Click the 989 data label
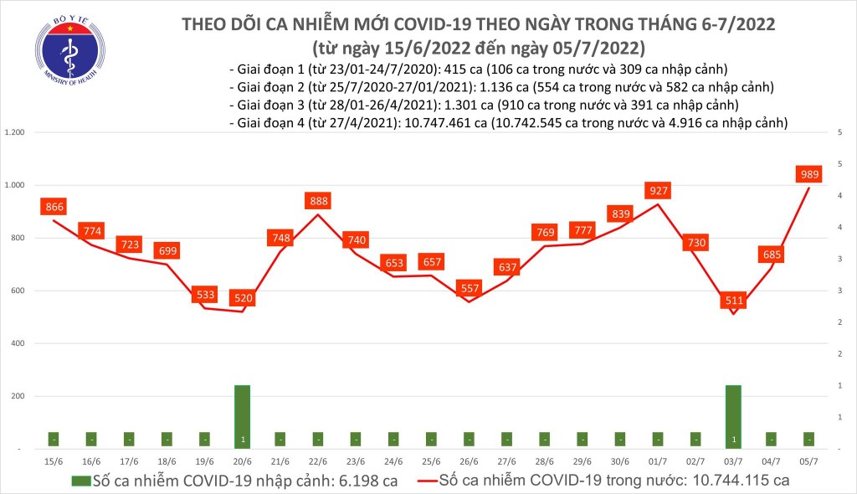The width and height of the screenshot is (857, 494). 808,173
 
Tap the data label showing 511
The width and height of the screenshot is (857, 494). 733,300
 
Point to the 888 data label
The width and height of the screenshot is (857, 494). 318,201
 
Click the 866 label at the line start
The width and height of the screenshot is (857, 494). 54,207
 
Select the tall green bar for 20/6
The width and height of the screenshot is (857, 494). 243,416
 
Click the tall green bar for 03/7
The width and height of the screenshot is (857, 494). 733,416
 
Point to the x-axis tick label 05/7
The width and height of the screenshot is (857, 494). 808,461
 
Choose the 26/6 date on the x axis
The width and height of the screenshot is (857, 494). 469,461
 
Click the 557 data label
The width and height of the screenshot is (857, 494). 469,289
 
